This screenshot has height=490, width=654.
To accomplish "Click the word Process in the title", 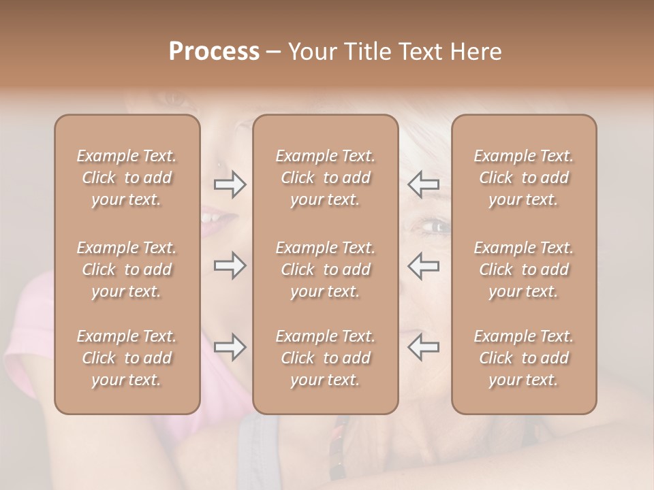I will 214,51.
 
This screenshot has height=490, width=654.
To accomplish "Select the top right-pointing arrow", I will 230,184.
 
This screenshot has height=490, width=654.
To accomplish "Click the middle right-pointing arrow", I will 230,265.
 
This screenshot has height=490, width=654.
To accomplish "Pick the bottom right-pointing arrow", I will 230,347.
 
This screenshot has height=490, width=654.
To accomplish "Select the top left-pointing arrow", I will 423,184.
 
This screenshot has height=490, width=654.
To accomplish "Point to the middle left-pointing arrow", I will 423,265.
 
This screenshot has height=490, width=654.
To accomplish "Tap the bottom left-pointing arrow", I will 423,347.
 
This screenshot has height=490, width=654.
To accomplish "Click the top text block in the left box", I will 127,178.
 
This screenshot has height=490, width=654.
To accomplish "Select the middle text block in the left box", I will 127,269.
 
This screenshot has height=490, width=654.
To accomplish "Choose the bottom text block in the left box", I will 127,358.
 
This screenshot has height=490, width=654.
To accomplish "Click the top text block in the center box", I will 325,178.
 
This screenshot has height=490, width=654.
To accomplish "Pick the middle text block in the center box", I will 325,269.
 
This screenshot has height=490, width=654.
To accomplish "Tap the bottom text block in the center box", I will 325,358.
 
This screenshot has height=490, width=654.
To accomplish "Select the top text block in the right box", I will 524,178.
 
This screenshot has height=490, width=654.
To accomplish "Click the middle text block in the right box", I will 524,269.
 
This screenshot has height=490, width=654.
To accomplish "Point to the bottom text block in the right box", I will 524,358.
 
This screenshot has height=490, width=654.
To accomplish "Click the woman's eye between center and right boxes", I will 435,226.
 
